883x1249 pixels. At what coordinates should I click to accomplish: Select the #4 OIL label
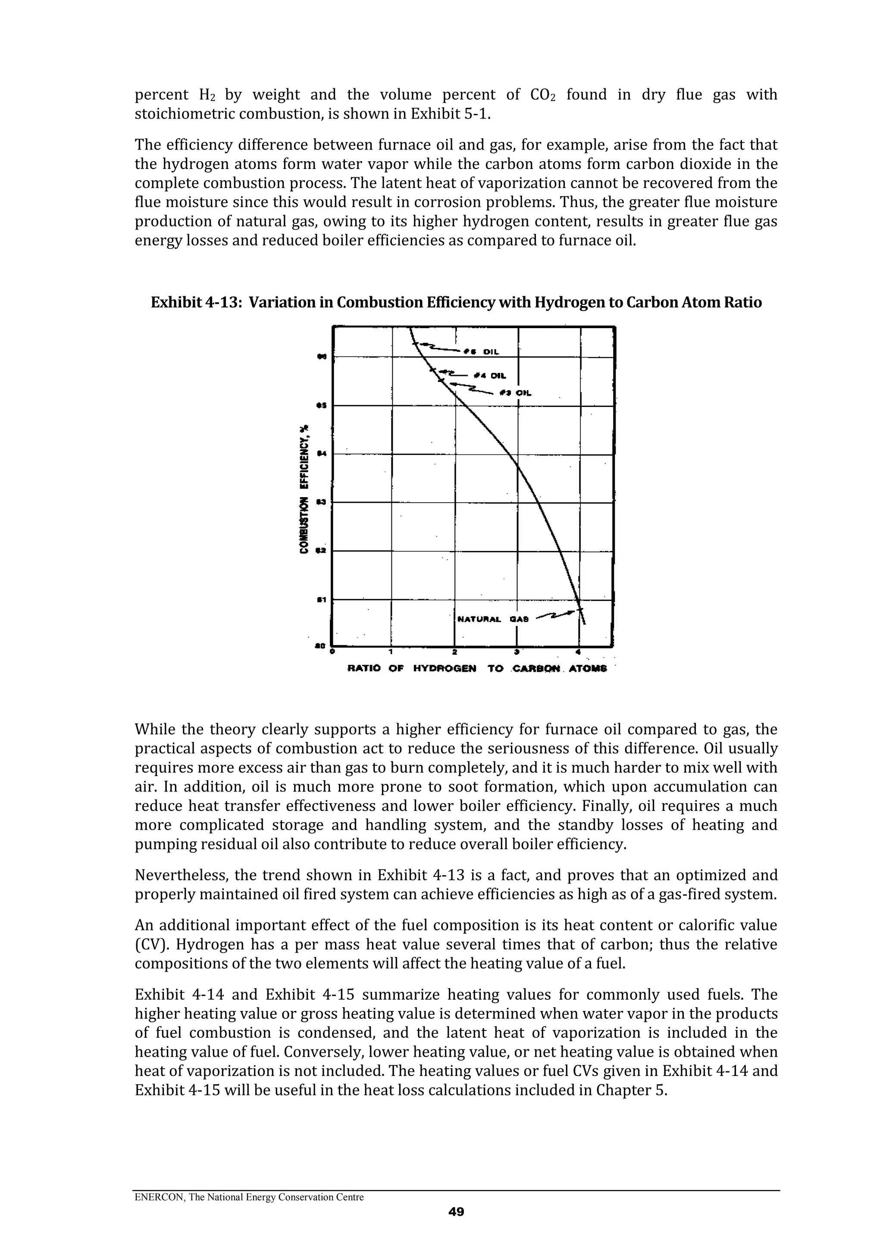click(490, 376)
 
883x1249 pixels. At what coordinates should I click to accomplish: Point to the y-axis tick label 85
click(321, 406)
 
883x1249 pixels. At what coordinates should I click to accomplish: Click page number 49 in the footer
click(456, 1227)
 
